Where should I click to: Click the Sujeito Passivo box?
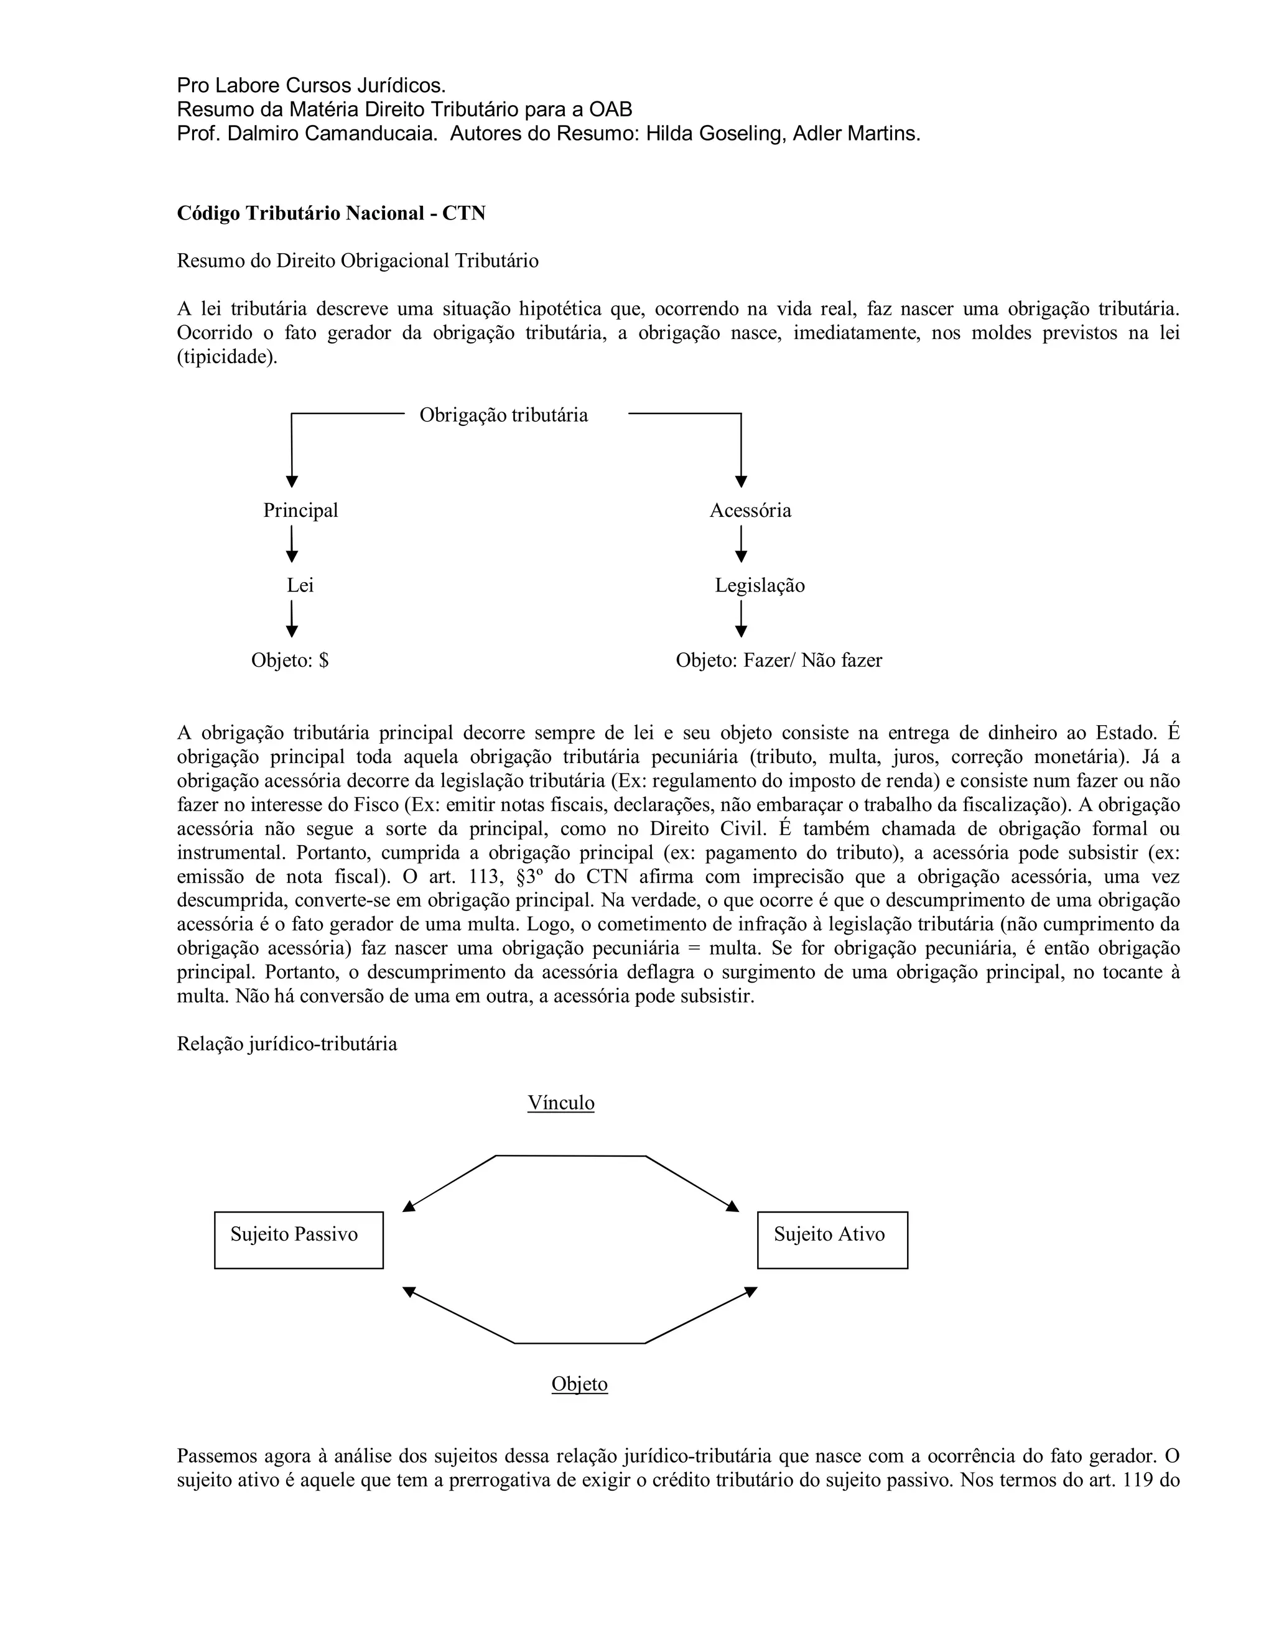pyautogui.click(x=298, y=1240)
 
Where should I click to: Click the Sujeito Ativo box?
pyautogui.click(x=832, y=1240)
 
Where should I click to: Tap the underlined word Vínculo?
pyautogui.click(x=560, y=1103)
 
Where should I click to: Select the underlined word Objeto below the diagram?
pyautogui.click(x=579, y=1384)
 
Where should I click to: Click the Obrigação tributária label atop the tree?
pyautogui.click(x=503, y=415)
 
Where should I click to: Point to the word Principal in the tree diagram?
pyautogui.click(x=300, y=511)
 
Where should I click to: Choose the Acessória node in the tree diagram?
pyautogui.click(x=750, y=511)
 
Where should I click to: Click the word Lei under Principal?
pyautogui.click(x=300, y=586)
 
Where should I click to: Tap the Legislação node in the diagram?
pyautogui.click(x=760, y=586)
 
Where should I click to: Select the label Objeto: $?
pyautogui.click(x=290, y=660)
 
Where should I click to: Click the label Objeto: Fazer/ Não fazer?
pyautogui.click(x=778, y=660)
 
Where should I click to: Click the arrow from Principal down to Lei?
pyautogui.click(x=291, y=545)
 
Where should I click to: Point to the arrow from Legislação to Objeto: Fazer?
pyautogui.click(x=740, y=619)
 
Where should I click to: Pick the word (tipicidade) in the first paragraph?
pyautogui.click(x=227, y=357)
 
